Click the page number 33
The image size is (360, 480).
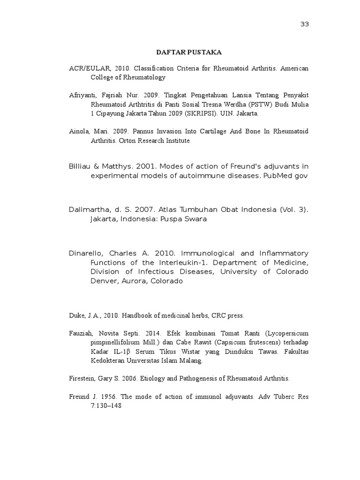pyautogui.click(x=305, y=24)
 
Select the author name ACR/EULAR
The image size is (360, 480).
pyautogui.click(x=84, y=68)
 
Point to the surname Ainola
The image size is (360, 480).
pyautogui.click(x=78, y=132)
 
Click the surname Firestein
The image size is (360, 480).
pyautogui.click(x=82, y=378)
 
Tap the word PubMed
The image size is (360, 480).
pyautogui.click(x=278, y=175)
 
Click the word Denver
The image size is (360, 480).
pyautogui.click(x=104, y=281)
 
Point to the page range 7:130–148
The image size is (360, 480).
pyautogui.click(x=106, y=405)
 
